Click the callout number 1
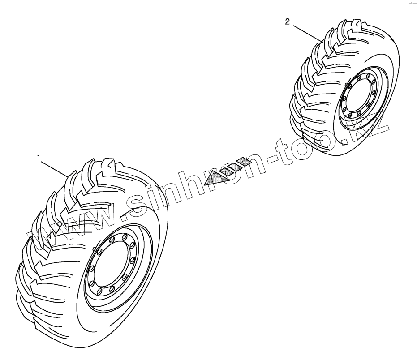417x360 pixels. (x=39, y=157)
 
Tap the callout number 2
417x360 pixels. (x=288, y=21)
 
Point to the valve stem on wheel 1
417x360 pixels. (x=93, y=248)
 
